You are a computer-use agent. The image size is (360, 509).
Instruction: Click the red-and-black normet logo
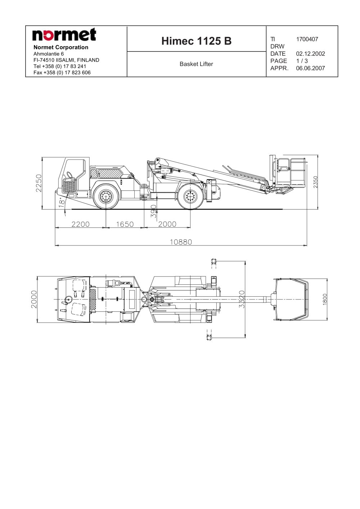tap(64, 35)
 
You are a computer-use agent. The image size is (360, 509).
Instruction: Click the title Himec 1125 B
tap(196, 41)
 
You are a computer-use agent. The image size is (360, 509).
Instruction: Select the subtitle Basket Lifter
tap(196, 64)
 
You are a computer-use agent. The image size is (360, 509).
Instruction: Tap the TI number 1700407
tap(307, 39)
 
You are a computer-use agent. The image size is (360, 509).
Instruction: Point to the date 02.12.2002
tap(310, 54)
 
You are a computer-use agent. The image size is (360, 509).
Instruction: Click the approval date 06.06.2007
tap(310, 68)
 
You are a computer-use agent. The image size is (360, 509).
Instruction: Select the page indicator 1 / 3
tap(302, 61)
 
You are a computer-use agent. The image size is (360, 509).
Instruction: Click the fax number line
tap(62, 73)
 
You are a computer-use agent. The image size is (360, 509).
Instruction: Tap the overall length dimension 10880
tap(181, 242)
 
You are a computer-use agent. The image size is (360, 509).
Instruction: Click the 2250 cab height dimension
tap(39, 183)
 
